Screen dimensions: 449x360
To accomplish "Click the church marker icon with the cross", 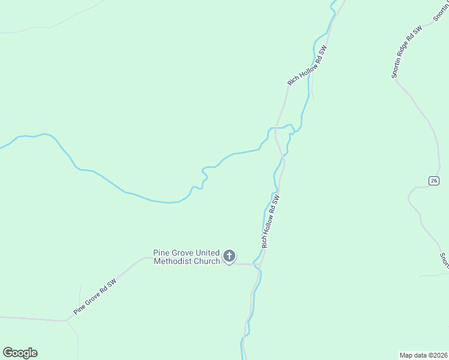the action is [x=229, y=256].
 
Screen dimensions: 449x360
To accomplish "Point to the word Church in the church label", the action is [x=206, y=261].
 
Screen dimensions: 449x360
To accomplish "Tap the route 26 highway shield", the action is [x=433, y=181].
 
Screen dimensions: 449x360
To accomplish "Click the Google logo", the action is [x=20, y=353].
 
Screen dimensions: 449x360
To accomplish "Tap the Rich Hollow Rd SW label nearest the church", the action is [x=271, y=221].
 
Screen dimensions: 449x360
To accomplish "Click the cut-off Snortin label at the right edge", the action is [x=444, y=259].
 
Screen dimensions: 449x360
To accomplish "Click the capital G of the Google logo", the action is [x=8, y=353].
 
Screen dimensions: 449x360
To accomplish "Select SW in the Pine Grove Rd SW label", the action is [x=112, y=283].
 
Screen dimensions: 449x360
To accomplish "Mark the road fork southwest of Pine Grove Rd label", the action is [x=67, y=320].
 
